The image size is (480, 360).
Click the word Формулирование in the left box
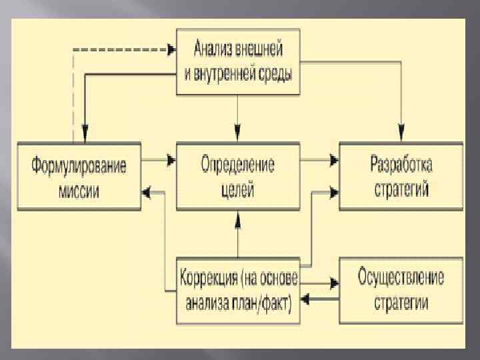[79, 165]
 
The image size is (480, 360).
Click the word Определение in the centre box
[238, 165]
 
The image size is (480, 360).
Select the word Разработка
[401, 165]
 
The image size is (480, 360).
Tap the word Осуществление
[401, 276]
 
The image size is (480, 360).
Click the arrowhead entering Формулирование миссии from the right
[146, 191]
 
